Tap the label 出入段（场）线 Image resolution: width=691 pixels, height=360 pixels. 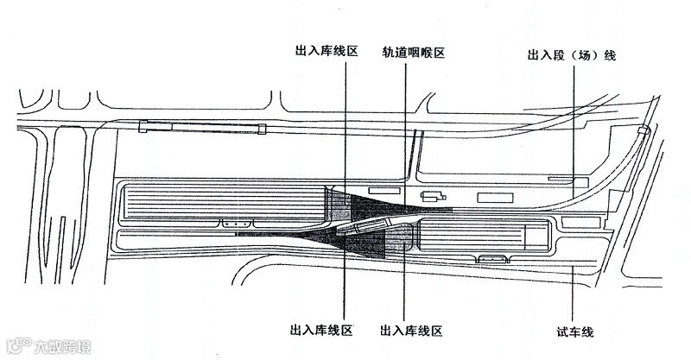pos(571,56)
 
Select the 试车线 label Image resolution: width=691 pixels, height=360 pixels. pos(575,331)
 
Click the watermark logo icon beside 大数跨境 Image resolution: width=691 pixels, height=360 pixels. pos(16,347)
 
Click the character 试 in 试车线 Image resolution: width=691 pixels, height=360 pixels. pos(563,331)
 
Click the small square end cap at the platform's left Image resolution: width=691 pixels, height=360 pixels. pos(144,128)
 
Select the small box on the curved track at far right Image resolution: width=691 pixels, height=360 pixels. pos(642,131)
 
